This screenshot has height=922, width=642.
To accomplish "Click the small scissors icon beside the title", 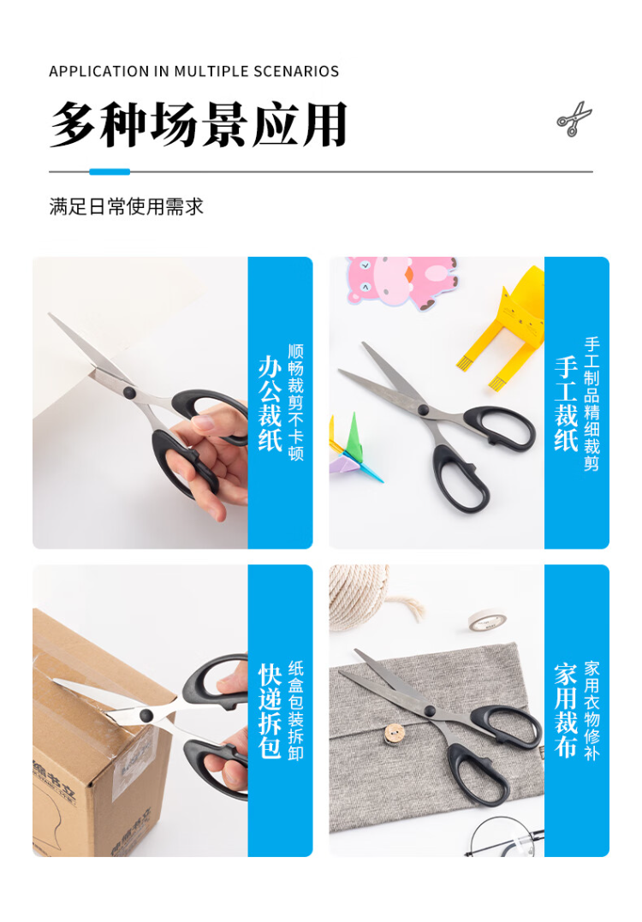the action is coord(574,119).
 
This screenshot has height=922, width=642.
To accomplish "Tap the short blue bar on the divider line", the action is coord(110,172).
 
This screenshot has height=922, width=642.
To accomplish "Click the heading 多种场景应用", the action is coord(199,125).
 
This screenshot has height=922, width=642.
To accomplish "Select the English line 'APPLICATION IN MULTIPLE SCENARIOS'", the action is coord(194,71).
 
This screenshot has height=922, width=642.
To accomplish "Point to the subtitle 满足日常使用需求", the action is coord(127,206).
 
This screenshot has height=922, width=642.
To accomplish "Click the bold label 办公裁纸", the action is coord(270,403).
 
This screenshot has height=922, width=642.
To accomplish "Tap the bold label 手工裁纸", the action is coord(566,403).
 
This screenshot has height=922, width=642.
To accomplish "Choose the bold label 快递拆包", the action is coord(270,711).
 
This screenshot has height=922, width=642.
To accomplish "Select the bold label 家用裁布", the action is coord(566,711).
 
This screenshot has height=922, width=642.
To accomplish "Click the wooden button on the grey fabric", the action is coord(393,733).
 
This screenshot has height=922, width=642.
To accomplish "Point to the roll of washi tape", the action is coord(487,620).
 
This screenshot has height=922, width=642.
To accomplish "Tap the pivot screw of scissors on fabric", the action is coord(430,711).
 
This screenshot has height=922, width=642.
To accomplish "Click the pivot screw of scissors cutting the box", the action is coord(146,715).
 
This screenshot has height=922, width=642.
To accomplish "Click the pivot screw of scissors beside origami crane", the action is coord(423,408).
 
